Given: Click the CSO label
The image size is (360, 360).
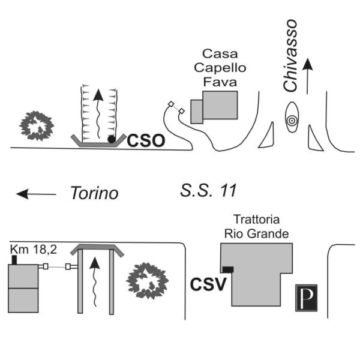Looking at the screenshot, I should tap(146, 141).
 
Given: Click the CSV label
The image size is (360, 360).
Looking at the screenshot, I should tap(208, 284).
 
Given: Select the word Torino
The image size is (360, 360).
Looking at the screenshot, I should tap(94, 194).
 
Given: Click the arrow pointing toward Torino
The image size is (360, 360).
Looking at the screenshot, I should tap(35, 194).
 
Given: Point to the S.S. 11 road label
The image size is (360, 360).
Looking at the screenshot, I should tap(209, 191).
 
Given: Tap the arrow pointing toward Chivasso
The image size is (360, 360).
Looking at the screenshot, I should tap(308, 75).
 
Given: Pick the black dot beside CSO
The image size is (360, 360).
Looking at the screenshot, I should tap(112, 140).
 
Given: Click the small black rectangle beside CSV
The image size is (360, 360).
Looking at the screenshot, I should tap(227, 269).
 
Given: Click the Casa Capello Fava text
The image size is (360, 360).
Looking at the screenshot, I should tap(221, 67).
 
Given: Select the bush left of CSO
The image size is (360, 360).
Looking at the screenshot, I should tap(37, 125).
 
